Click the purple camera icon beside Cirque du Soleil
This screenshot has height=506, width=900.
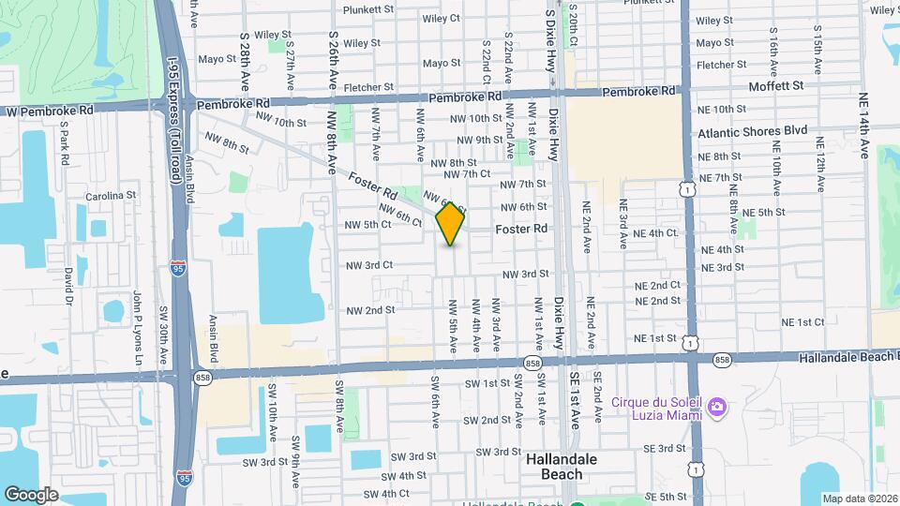pyautogui.click(x=717, y=407)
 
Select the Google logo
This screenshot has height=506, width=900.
pyautogui.click(x=31, y=494)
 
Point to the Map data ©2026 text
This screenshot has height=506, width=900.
pyautogui.click(x=859, y=499)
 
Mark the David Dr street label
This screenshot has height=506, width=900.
pyautogui.click(x=68, y=286)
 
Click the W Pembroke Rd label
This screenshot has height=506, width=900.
pyautogui.click(x=52, y=110)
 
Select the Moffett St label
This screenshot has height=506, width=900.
pyautogui.click(x=776, y=85)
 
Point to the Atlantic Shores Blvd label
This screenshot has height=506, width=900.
pyautogui.click(x=752, y=132)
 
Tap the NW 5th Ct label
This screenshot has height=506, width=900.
pyautogui.click(x=367, y=225)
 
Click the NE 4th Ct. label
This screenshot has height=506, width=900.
pyautogui.click(x=655, y=233)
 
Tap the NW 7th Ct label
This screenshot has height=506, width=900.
pyautogui.click(x=467, y=174)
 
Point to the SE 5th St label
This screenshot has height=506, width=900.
pyautogui.click(x=666, y=497)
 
